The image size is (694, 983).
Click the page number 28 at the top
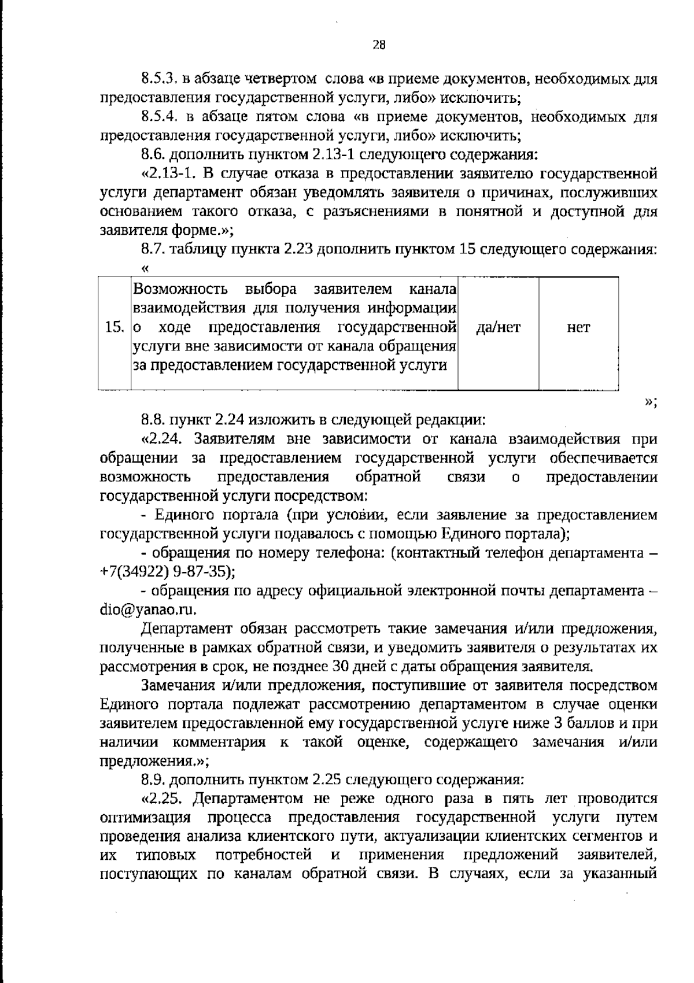[x=379, y=45]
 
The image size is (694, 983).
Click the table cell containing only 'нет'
[x=578, y=328]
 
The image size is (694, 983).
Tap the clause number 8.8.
[x=153, y=419]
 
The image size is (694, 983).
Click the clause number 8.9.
[x=153, y=779]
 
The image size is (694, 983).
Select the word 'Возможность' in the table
[x=180, y=289]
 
